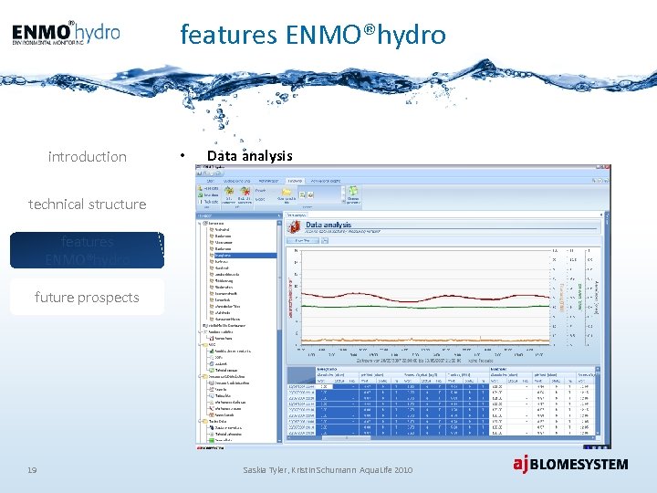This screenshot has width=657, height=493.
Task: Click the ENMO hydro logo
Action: coord(66,33)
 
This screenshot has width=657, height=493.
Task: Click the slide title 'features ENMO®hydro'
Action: coord(313,35)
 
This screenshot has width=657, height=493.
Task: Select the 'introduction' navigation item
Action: coord(87,157)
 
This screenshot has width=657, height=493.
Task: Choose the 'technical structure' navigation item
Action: coord(87,205)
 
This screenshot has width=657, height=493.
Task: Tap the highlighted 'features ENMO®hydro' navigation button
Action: coord(87,250)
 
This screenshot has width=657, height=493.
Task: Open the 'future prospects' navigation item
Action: coord(87,298)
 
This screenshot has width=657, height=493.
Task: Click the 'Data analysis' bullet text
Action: coord(249,156)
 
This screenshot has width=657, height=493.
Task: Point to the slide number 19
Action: coord(32,469)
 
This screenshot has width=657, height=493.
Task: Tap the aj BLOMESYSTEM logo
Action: coord(569,464)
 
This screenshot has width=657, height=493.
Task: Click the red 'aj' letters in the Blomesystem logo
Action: coord(520,464)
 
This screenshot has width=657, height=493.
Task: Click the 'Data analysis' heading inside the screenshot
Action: coord(328,225)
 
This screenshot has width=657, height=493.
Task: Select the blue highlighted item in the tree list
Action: coord(242,255)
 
